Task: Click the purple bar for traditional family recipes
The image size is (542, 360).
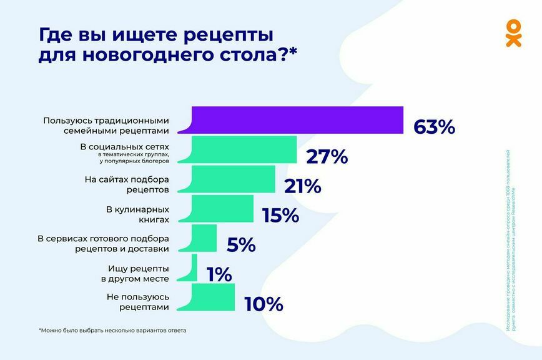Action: tap(297, 120)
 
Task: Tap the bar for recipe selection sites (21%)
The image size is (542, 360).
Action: tap(234, 179)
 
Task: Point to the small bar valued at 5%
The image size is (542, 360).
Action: tap(204, 238)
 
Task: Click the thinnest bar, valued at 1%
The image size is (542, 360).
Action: tap(194, 267)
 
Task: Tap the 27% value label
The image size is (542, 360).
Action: tap(327, 157)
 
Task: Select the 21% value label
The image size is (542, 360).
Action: tap(302, 186)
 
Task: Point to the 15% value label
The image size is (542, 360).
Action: tap(281, 216)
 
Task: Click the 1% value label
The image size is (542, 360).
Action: tap(219, 275)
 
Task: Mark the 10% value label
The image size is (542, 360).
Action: tap(264, 304)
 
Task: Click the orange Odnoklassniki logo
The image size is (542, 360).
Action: tap(513, 33)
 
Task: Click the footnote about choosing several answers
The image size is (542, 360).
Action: tap(112, 330)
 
